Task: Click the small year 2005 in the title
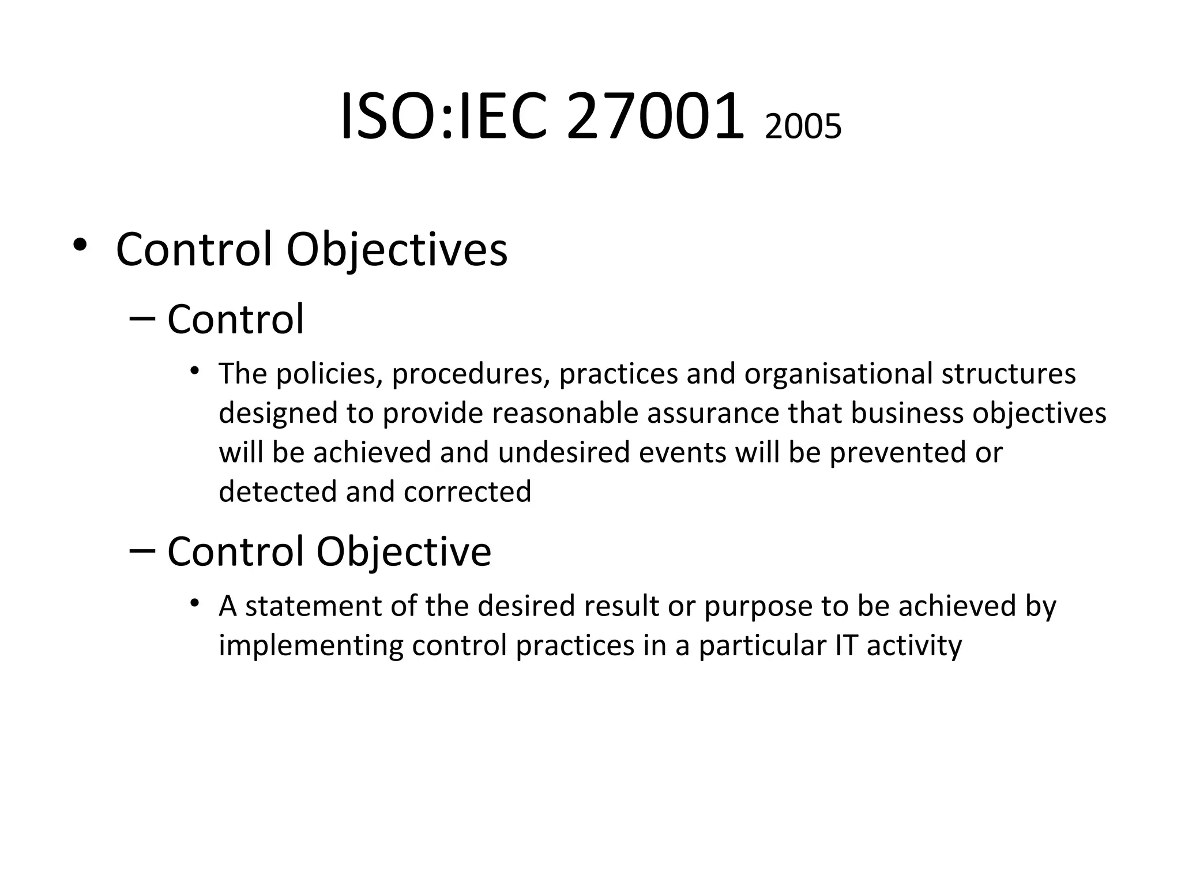(803, 127)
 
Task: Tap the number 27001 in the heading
(655, 117)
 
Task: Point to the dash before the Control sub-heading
(142, 318)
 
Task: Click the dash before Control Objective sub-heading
(142, 550)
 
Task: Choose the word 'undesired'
(564, 452)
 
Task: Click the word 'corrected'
(467, 491)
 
